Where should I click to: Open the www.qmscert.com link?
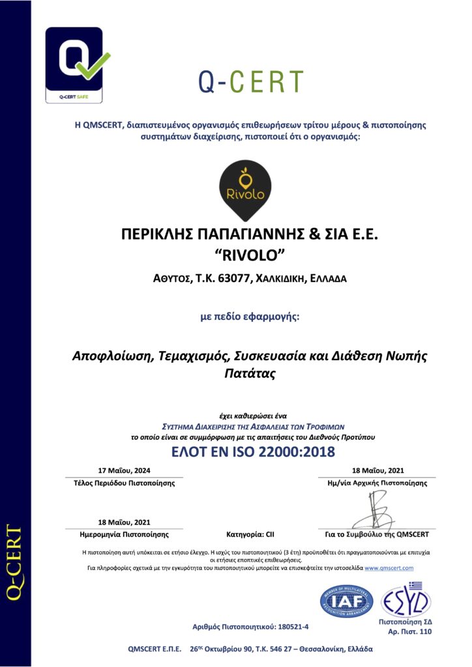389,568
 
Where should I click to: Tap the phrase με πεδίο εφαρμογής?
250,317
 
